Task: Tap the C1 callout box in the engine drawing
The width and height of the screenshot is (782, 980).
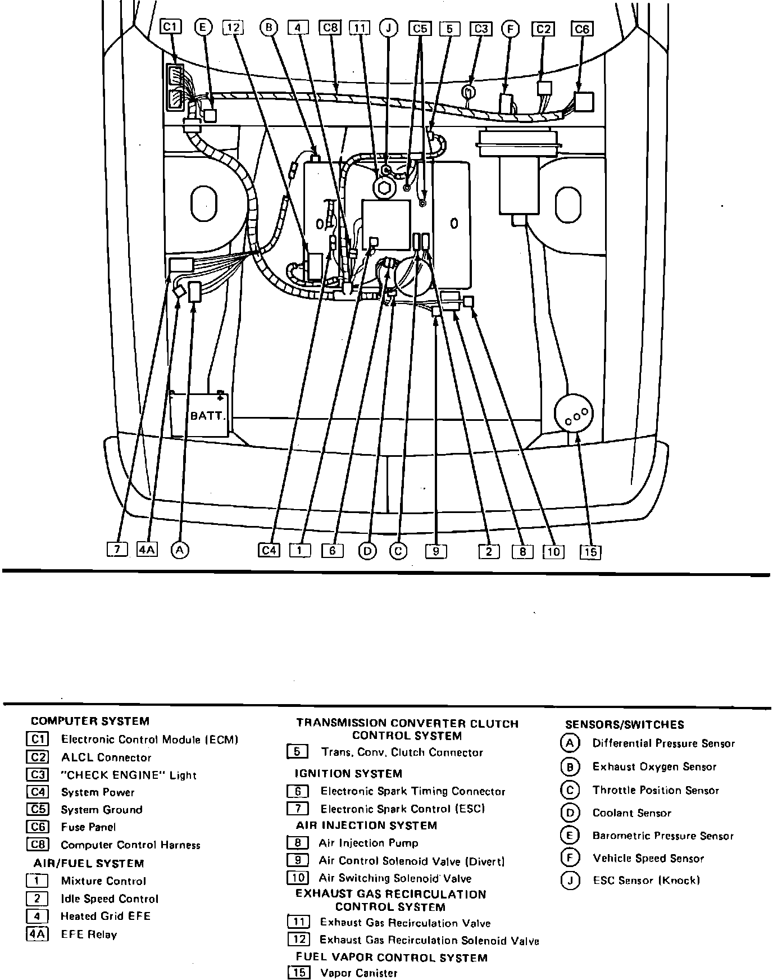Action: pos(171,27)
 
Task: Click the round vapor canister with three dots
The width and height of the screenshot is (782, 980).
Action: pos(573,414)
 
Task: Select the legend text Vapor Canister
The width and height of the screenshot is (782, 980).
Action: pos(358,973)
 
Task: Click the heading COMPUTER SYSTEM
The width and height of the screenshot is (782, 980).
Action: pos(90,721)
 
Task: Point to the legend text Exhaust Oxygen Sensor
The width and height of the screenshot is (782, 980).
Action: pos(654,767)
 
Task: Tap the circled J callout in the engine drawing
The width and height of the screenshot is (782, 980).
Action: pos(388,28)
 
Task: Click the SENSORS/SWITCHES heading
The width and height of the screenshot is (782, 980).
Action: pos(625,725)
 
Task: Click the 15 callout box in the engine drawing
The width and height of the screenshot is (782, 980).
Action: pos(590,552)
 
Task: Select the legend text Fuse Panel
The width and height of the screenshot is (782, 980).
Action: pos(88,827)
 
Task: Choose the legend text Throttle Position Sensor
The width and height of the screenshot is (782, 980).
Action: pos(656,791)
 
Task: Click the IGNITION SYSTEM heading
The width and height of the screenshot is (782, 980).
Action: pos(348,774)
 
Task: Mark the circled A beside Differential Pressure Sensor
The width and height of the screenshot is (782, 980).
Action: pos(569,743)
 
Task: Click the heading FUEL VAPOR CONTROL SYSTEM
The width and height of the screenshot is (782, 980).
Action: pos(392,957)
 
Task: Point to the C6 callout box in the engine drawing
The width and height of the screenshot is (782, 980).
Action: pos(582,29)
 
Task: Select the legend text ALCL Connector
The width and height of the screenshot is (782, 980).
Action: pos(106,757)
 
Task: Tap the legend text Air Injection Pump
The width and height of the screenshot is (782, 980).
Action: pos(368,843)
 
